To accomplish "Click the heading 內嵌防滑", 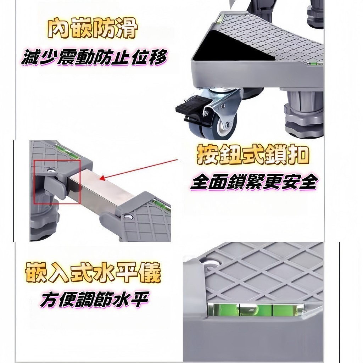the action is pos(93,29).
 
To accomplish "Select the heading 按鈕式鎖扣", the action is pos(253,155).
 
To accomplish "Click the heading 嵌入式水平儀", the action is pos(93,272).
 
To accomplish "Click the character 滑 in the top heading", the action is pos(127,29).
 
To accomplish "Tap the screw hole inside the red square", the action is pos(50,171).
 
